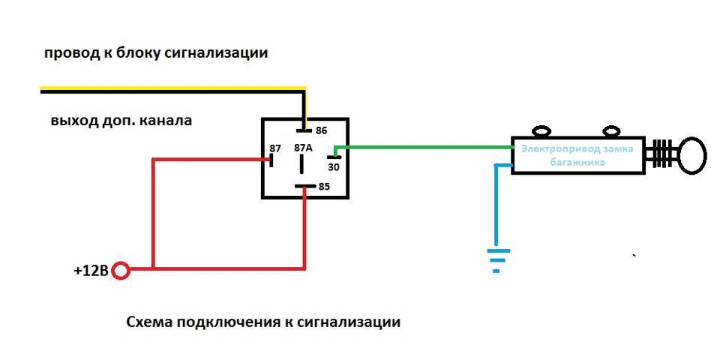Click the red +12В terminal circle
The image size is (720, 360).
(x=121, y=271)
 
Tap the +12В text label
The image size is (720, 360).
(x=91, y=271)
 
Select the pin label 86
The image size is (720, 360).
(x=321, y=130)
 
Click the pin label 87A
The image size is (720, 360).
(x=303, y=148)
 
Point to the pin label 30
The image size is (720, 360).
(x=334, y=167)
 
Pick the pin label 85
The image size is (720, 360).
(x=324, y=187)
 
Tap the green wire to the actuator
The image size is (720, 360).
(x=423, y=147)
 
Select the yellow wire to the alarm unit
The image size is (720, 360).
(x=173, y=88)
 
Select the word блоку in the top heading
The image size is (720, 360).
(x=136, y=53)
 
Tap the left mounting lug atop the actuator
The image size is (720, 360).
(x=542, y=132)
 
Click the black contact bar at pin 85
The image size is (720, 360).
(x=305, y=187)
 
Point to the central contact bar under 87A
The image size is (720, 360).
(x=301, y=164)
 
